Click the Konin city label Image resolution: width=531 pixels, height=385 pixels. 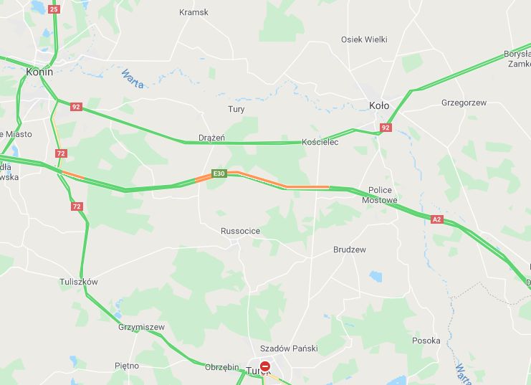[39, 72]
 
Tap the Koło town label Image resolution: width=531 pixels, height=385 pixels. [378, 105]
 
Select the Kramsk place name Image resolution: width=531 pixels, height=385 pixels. [193, 13]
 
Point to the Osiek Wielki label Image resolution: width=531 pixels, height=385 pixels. [364, 39]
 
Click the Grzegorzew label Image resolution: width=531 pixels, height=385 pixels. [464, 103]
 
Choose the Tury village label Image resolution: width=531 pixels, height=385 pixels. [236, 110]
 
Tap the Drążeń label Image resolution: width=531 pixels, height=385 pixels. [212, 138]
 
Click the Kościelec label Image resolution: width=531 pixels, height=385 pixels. [320, 142]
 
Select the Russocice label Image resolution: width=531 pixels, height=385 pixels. [240, 231]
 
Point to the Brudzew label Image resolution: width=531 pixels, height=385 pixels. [350, 249]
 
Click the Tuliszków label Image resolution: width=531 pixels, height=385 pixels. [79, 282]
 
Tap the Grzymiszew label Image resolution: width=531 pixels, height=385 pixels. [141, 327]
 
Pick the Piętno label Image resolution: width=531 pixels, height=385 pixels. [127, 366]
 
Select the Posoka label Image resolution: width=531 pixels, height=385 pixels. [426, 341]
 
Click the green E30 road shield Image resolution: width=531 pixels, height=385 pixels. [219, 174]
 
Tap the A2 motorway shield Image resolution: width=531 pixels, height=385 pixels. [436, 218]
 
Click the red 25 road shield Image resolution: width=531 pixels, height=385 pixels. [54, 9]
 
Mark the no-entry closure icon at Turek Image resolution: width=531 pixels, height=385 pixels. [265, 366]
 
